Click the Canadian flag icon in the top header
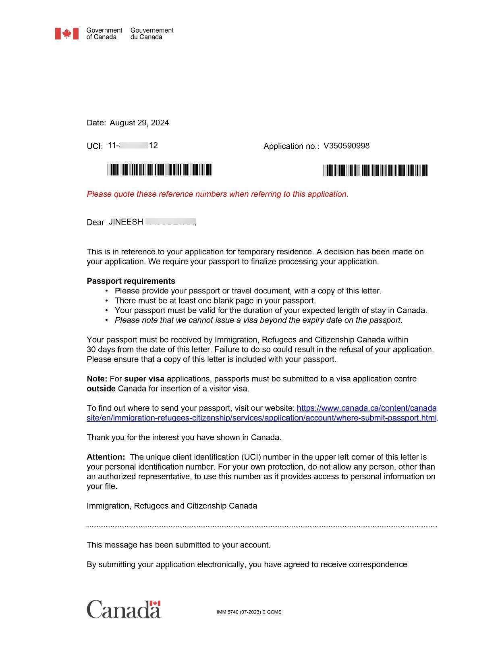66,33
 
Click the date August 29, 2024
139,123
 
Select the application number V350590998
346,146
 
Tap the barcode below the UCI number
160,170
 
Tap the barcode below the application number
376,171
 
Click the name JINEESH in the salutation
126,222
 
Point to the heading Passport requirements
131,281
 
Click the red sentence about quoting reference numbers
218,194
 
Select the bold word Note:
97,379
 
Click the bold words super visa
144,379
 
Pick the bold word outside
101,389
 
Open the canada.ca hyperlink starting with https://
366,408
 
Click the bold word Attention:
106,457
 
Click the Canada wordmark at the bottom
124,609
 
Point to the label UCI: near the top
95,146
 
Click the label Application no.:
291,146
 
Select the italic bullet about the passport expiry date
258,320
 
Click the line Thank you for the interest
184,437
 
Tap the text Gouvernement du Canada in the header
151,33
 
